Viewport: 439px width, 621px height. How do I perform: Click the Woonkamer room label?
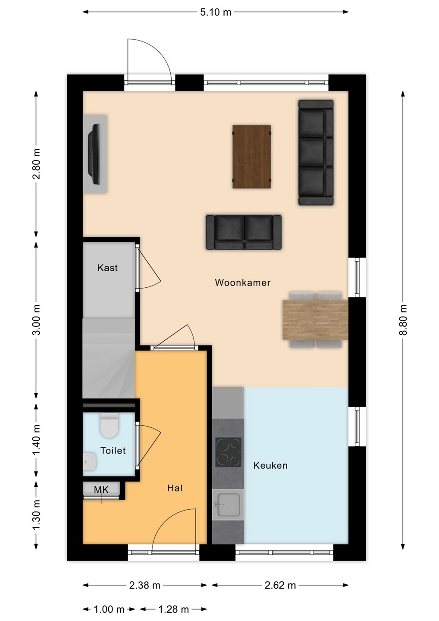(x=242, y=282)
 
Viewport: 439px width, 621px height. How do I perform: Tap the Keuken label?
(x=270, y=465)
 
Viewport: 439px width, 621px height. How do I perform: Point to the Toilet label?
(x=113, y=451)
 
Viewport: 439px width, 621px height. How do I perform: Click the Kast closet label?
(x=107, y=268)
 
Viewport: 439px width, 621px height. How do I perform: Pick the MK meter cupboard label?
(x=101, y=490)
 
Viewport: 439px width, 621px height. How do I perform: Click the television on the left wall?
(x=94, y=154)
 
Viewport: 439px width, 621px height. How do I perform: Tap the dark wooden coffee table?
(x=251, y=157)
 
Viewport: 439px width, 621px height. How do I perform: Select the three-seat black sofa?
(x=316, y=153)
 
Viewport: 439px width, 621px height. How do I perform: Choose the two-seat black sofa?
(x=244, y=232)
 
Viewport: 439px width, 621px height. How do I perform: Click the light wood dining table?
(x=315, y=320)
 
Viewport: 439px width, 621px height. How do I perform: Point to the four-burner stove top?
(x=229, y=452)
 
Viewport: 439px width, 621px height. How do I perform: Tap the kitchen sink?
(x=229, y=505)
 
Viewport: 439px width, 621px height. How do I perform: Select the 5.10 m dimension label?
(x=216, y=13)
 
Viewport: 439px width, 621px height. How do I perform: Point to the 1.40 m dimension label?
(x=37, y=440)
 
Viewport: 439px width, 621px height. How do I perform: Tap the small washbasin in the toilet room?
(x=89, y=461)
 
